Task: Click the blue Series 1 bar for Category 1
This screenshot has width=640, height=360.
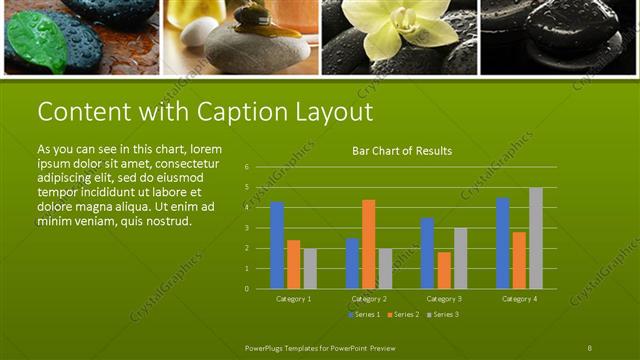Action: (x=277, y=245)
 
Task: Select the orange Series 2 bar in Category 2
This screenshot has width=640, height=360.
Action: (x=369, y=244)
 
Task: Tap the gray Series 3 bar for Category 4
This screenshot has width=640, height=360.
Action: (x=536, y=238)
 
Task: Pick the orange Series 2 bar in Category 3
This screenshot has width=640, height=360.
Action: (x=444, y=270)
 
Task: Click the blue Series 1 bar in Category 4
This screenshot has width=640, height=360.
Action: (x=503, y=243)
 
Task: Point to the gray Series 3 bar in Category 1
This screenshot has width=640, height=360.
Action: (x=310, y=268)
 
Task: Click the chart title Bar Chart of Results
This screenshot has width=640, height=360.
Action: (x=402, y=151)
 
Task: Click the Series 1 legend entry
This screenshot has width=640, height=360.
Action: (x=363, y=315)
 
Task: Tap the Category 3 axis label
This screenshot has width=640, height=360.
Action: (x=443, y=299)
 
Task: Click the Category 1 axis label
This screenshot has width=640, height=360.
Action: (x=293, y=299)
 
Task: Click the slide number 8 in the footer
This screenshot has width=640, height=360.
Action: (x=590, y=347)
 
